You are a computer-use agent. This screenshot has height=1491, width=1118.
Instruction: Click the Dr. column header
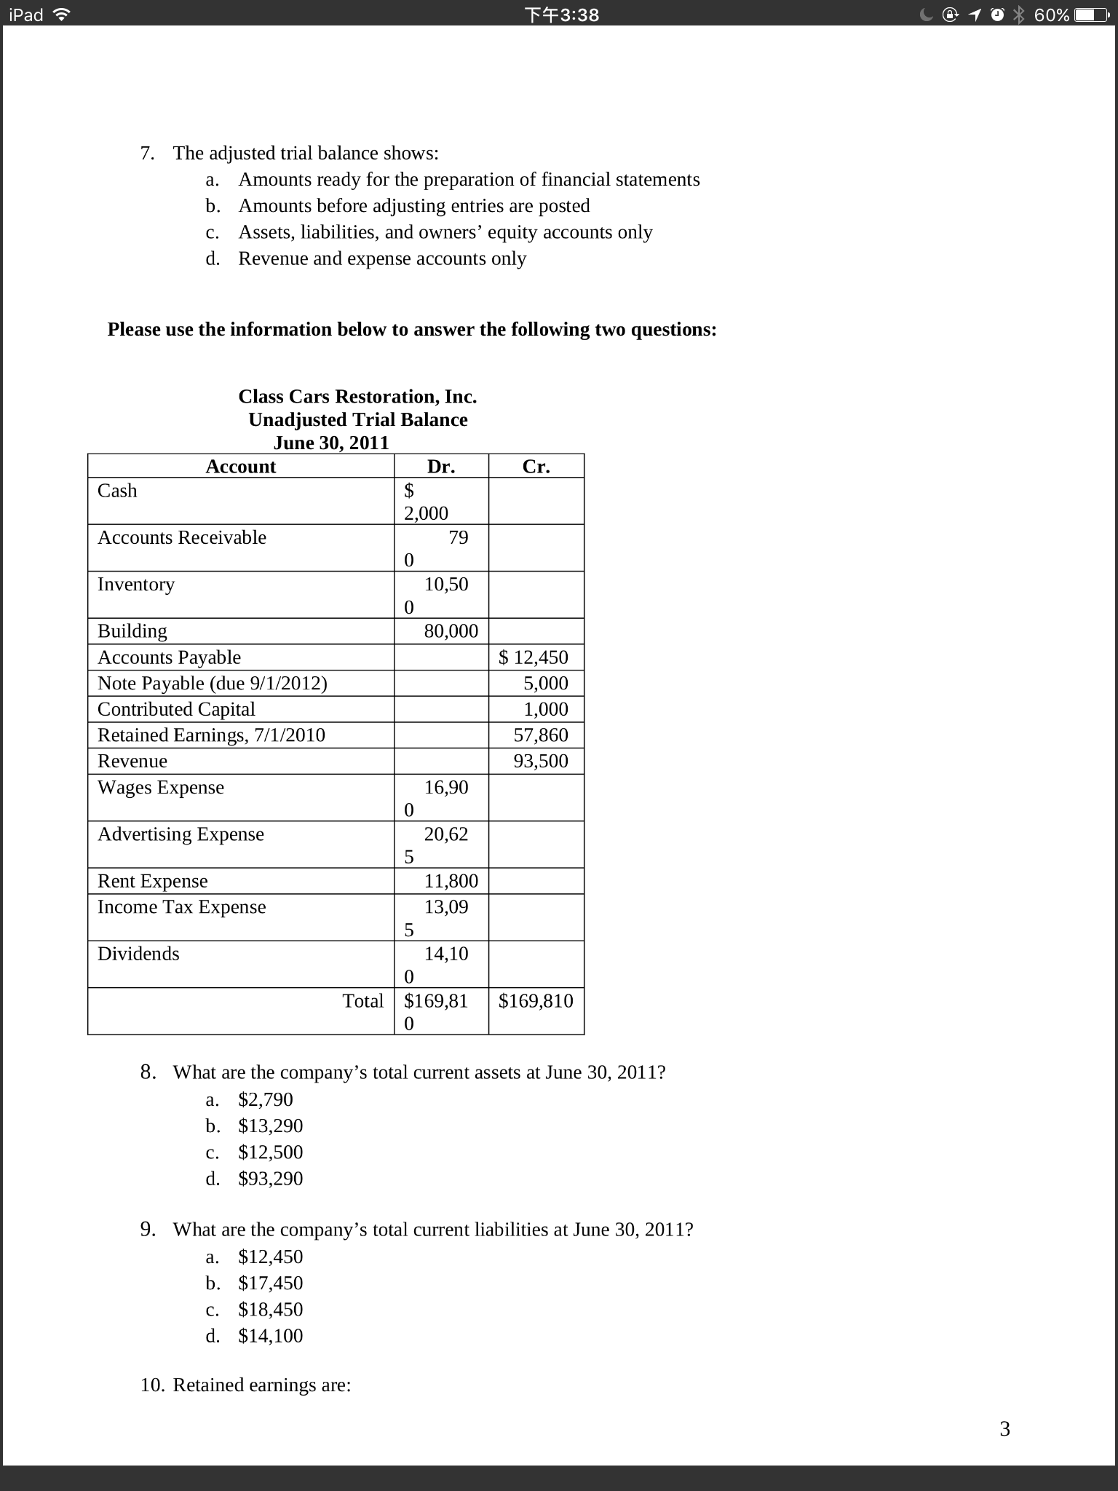pos(441,467)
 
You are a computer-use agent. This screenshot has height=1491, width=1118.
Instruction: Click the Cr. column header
pos(536,467)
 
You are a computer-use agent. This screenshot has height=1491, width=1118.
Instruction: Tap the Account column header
pos(240,467)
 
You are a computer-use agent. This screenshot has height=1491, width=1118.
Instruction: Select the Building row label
pos(132,631)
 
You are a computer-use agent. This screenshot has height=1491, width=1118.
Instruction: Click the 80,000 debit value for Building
pos(451,631)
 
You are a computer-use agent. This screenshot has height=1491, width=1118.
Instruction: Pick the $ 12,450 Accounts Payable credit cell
pos(534,657)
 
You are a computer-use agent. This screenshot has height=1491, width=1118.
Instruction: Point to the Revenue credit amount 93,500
pos(541,762)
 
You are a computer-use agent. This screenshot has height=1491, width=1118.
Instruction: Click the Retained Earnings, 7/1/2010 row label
pos(211,735)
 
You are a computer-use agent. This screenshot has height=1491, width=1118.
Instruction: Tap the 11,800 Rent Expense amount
pos(451,882)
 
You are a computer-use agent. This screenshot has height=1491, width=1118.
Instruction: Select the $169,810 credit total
pos(536,1001)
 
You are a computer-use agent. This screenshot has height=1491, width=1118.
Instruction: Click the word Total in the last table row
pos(362,1001)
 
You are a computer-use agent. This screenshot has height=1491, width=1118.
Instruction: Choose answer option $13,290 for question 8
pos(270,1126)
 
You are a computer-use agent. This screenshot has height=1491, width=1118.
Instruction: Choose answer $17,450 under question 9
pos(270,1284)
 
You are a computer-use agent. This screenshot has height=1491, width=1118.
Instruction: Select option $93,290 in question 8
pos(270,1179)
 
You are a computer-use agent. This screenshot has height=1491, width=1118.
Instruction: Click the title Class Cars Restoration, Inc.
pos(357,397)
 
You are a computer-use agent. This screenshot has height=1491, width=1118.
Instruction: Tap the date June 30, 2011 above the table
pos(331,443)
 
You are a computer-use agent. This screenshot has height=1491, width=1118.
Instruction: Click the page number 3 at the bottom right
pos(1005,1429)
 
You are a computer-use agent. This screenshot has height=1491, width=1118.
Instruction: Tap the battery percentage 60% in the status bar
pos(1051,15)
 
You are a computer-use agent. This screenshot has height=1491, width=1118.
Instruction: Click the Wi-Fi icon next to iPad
pos(62,15)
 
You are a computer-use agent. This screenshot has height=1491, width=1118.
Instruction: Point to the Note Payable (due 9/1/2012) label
pos(213,684)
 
